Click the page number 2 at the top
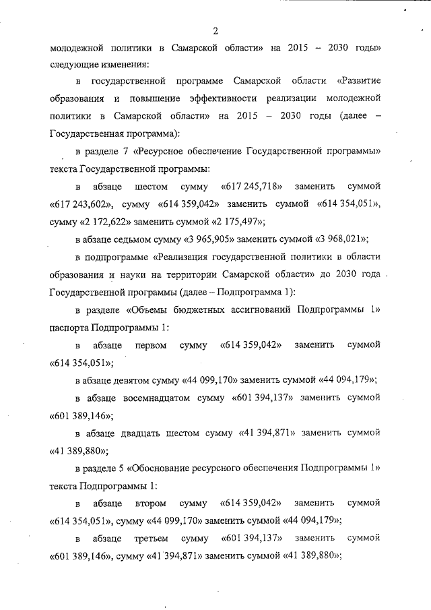[x=215, y=30]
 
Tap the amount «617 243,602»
[x=81, y=203]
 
